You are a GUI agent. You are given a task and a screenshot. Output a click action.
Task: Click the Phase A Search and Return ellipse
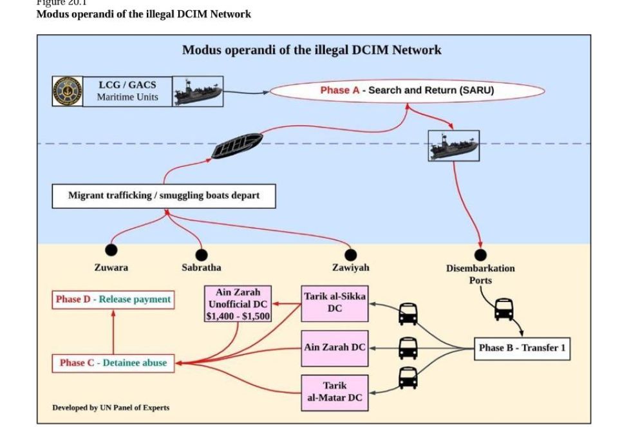[407, 90]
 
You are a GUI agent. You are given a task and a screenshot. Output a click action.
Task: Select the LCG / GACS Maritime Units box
[127, 91]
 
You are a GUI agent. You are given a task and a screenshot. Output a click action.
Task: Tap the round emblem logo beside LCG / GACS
[67, 91]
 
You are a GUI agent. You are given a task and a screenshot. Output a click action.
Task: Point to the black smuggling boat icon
[236, 146]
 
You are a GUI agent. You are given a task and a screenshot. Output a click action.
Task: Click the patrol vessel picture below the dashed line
[454, 146]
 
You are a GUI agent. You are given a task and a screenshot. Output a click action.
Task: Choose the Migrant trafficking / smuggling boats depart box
[164, 196]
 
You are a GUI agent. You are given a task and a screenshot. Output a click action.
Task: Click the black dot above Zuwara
[111, 250]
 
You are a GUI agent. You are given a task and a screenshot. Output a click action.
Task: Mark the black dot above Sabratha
[202, 255]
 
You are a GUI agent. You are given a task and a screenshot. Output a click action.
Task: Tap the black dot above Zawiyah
[350, 255]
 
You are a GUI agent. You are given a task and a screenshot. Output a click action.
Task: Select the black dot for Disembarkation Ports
[480, 255]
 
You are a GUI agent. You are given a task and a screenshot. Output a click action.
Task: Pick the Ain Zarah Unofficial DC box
[238, 304]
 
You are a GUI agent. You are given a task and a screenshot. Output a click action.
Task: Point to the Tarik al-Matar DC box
[335, 392]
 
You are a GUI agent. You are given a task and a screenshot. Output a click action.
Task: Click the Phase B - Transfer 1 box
[522, 348]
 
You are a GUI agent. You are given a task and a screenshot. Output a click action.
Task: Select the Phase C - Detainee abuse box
[113, 363]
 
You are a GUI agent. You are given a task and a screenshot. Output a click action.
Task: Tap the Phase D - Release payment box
[113, 299]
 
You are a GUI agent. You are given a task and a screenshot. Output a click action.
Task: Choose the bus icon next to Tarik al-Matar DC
[408, 378]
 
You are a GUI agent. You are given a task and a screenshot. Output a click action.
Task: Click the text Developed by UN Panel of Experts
[111, 408]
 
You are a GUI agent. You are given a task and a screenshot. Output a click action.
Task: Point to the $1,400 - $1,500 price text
[238, 316]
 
